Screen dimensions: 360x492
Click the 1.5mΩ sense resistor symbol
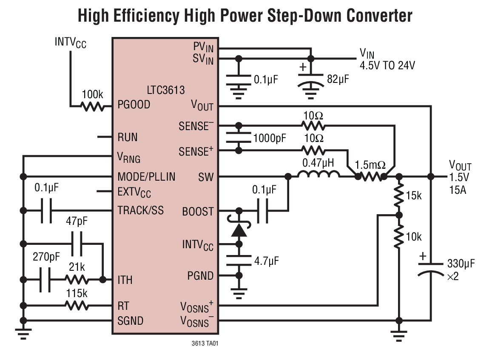pos(371,176)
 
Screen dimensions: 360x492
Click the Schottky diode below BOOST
pos(239,230)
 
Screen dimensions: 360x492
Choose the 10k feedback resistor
pos(398,237)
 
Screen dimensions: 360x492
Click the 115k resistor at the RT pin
pos(77,305)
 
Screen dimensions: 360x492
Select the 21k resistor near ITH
pos(77,280)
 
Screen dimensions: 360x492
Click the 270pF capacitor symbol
pos(45,280)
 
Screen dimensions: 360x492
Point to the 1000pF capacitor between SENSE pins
pos(239,138)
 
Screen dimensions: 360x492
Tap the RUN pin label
pos(128,138)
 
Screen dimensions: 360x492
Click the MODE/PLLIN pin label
pos(146,176)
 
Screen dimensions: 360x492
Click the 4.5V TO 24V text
pos(387,65)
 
